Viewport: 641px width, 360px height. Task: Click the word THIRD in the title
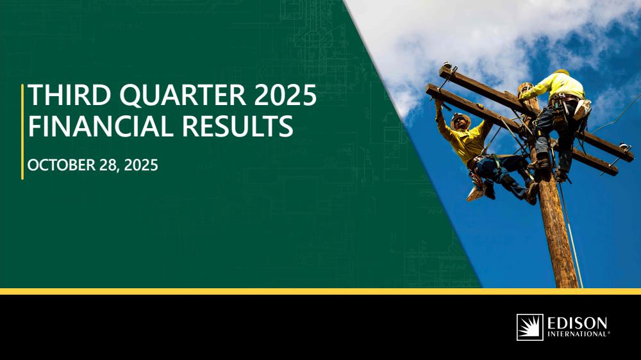pos(69,95)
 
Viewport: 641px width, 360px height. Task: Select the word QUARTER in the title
pos(183,95)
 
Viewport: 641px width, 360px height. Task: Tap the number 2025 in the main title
pos(285,95)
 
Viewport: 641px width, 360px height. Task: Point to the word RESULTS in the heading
pos(238,126)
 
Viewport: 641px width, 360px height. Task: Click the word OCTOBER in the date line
pos(62,165)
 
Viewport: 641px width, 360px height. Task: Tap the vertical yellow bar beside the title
pos(22,131)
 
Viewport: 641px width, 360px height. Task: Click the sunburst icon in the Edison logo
pos(530,327)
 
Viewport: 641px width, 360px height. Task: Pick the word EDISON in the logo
pos(578,323)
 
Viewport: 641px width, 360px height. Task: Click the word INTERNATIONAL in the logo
pos(578,334)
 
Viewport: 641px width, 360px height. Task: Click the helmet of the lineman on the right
pos(562,72)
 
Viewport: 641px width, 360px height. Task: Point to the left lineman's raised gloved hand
pos(438,104)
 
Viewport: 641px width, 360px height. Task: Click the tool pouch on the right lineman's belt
pos(581,109)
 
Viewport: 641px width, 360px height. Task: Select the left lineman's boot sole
pos(474,193)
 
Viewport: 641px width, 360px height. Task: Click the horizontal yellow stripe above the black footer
pos(320,291)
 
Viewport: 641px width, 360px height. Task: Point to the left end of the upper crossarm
pos(441,70)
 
